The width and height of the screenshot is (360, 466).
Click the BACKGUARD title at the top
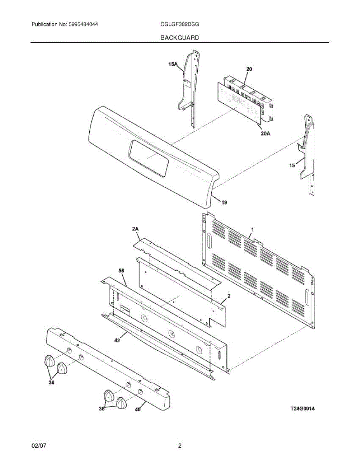point(179,38)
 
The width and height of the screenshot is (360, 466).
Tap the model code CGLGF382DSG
point(179,24)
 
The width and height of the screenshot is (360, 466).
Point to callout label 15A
point(173,65)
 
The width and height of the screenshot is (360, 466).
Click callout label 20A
point(266,133)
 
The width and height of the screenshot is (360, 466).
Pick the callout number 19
point(224,202)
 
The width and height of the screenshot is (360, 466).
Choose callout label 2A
point(135,230)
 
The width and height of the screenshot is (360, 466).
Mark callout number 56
point(121,270)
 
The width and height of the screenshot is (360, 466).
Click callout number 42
point(117,341)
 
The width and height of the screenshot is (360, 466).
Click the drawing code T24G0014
point(303,409)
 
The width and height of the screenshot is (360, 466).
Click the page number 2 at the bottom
point(179,446)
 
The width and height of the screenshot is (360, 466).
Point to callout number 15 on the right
point(292,165)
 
